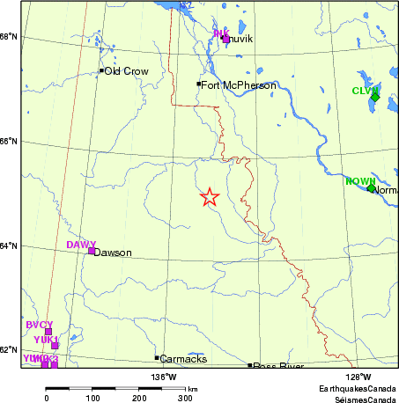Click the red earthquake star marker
[x=209, y=197]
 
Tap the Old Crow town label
[x=126, y=71]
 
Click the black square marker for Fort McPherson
[x=199, y=84]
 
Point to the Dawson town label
[x=112, y=253]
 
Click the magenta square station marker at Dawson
[x=92, y=251]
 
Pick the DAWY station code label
[x=81, y=244]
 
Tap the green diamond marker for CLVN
[x=374, y=97]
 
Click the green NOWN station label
[x=359, y=181]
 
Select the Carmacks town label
[x=185, y=359]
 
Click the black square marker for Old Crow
[x=101, y=70]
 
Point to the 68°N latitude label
[x=10, y=36]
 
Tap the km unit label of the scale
[x=192, y=388]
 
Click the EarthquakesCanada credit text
[x=358, y=387]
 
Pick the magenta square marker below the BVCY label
[x=48, y=332]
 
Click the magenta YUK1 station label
[x=46, y=340]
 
